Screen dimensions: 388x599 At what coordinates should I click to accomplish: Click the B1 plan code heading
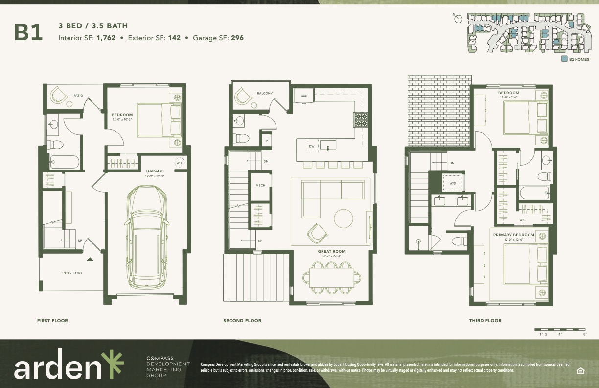pyautogui.click(x=28, y=32)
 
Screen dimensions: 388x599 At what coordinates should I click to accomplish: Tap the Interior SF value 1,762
pyautogui.click(x=106, y=38)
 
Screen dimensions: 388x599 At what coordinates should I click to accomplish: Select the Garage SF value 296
pyautogui.click(x=237, y=38)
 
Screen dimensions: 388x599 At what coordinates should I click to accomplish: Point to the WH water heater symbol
pyautogui.click(x=179, y=163)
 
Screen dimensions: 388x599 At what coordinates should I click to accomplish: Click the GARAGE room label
pyautogui.click(x=154, y=171)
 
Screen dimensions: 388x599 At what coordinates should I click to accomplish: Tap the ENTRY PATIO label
pyautogui.click(x=71, y=273)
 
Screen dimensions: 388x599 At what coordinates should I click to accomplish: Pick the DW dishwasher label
pyautogui.click(x=312, y=146)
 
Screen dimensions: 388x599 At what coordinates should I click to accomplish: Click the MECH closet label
pyautogui.click(x=260, y=186)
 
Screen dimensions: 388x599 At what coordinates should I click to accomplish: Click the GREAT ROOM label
pyautogui.click(x=329, y=252)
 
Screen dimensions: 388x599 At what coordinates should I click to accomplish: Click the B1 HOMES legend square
pyautogui.click(x=564, y=59)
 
